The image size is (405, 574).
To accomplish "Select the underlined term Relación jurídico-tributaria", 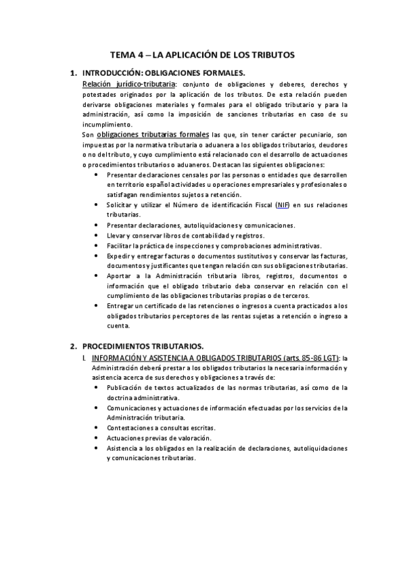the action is click(127, 83).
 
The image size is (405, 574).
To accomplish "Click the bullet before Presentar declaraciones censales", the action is click(99, 175).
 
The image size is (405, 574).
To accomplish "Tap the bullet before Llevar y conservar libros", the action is click(99, 236).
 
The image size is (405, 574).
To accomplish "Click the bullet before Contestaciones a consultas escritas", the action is click(99, 428).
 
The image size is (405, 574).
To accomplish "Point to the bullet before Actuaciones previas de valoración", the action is click(99, 439).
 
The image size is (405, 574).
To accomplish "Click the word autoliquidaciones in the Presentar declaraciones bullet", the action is click(214, 225).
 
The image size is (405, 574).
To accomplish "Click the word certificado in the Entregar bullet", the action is click(153, 306).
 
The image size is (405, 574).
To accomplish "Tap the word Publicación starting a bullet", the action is click(126, 388).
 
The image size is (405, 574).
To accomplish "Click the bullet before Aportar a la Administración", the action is click(99, 276).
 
